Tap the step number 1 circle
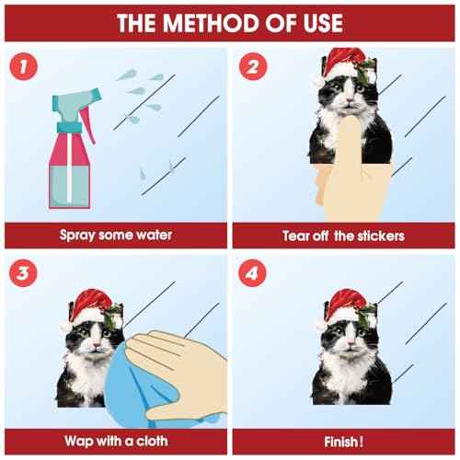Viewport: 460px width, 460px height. pyautogui.click(x=26, y=67)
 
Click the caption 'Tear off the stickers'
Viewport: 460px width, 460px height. pyautogui.click(x=342, y=236)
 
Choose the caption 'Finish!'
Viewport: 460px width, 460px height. pyautogui.click(x=342, y=441)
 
